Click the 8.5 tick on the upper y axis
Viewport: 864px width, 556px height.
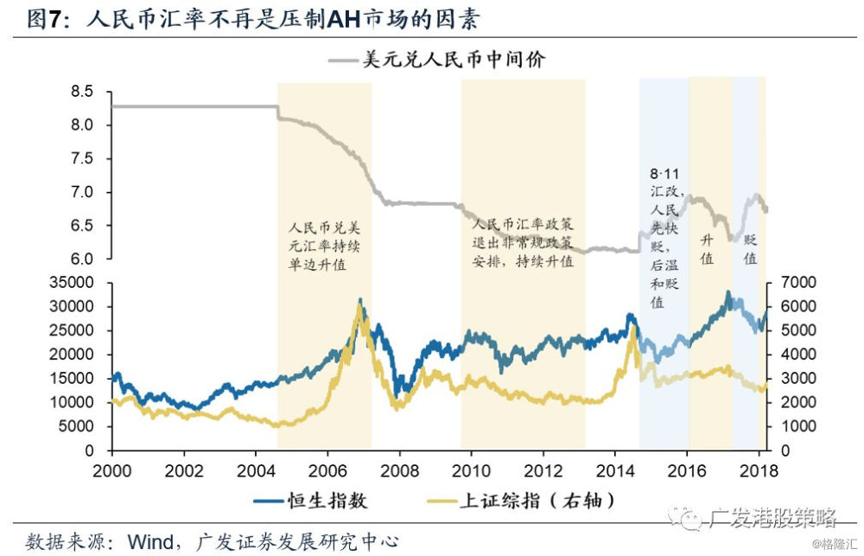(x=81, y=91)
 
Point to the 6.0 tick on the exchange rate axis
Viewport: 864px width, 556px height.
(x=81, y=259)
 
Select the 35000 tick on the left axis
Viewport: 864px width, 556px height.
(x=72, y=283)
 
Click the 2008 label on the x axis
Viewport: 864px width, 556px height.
(x=399, y=470)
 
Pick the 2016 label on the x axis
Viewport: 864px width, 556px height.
(x=687, y=470)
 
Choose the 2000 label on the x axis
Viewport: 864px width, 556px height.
(x=111, y=470)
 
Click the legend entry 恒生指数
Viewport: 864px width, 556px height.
(x=310, y=501)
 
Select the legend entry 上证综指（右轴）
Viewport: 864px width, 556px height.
(x=521, y=501)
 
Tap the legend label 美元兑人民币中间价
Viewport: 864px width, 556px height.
(x=437, y=59)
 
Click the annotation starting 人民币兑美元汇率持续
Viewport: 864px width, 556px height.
(x=325, y=246)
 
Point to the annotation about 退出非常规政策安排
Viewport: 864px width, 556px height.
(x=523, y=243)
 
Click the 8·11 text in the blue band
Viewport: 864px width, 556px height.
(x=664, y=175)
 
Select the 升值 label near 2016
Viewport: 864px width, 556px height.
(x=707, y=249)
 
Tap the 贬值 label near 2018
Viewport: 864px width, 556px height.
(x=750, y=249)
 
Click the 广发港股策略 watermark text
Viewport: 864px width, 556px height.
(x=772, y=517)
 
